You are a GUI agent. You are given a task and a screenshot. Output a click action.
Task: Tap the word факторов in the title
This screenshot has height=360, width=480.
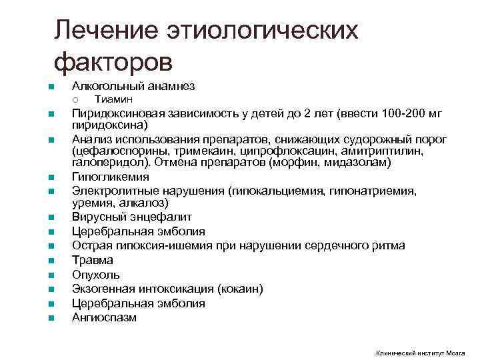click(113, 63)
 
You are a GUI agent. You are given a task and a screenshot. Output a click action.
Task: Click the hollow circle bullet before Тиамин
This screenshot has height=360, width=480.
click(75, 100)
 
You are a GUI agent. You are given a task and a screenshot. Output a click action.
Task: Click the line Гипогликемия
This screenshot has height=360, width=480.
click(110, 177)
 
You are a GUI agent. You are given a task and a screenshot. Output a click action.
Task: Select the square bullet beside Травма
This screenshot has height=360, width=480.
click(50, 260)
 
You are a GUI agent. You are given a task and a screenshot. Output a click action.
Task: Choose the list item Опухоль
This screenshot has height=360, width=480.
click(96, 274)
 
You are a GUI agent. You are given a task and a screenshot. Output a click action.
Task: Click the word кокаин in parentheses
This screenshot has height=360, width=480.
click(243, 289)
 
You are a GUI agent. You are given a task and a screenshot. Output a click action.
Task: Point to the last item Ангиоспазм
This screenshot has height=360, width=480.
click(104, 317)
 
